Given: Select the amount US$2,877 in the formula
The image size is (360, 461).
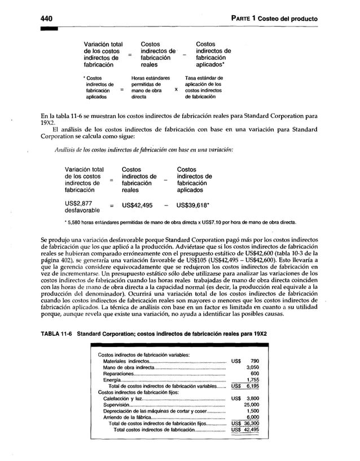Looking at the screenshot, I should (78, 204).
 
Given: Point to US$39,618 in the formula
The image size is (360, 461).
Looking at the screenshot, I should (194, 205).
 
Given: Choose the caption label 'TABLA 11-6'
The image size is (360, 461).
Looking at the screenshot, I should (56, 334).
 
